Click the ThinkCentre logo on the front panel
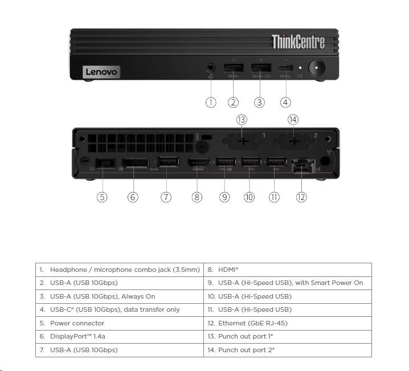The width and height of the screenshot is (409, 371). click(298, 42)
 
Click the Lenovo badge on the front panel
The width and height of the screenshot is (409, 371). click(101, 72)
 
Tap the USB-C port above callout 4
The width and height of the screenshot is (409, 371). click(284, 69)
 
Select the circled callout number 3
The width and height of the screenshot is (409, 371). click(259, 103)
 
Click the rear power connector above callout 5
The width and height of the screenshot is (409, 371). click(104, 164)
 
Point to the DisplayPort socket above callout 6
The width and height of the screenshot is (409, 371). click(133, 164)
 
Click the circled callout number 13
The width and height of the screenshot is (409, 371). click(242, 120)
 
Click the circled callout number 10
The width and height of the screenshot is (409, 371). click(249, 197)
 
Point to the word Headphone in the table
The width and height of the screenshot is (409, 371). click(68, 270)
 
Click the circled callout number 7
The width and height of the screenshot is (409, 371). click(166, 197)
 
